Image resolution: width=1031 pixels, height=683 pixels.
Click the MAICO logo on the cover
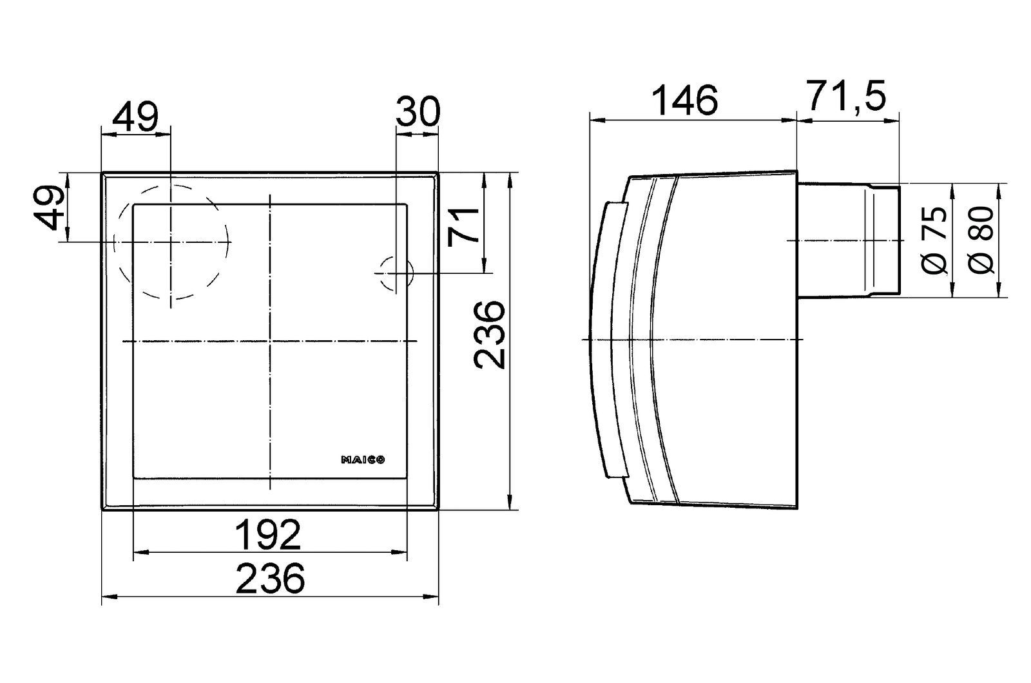363,459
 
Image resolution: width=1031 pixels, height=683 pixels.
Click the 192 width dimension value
269,535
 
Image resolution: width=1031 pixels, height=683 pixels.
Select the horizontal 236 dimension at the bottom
270,578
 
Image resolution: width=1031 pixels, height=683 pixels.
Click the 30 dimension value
418,111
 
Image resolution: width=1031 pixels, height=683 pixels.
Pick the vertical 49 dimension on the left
51,207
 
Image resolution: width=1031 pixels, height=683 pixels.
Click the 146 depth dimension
684,101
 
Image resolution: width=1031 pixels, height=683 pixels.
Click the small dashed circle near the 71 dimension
394,273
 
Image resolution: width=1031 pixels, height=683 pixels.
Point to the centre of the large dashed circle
171,242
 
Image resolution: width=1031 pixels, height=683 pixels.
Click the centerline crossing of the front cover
270,340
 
